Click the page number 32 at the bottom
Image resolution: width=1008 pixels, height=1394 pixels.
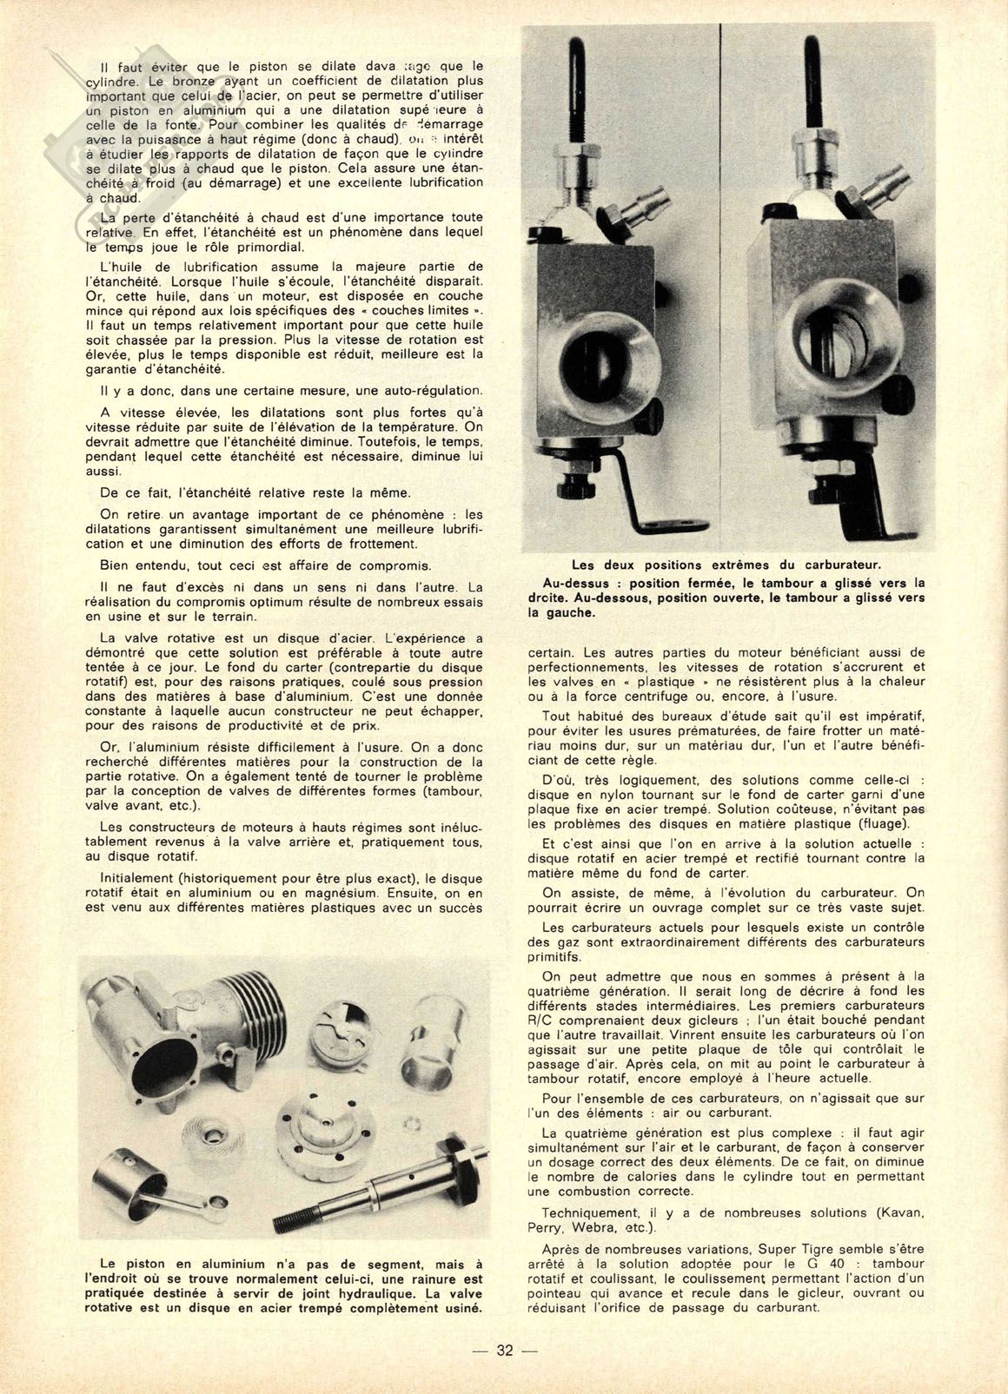(505, 1351)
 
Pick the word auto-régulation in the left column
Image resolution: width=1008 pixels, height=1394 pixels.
(432, 391)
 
